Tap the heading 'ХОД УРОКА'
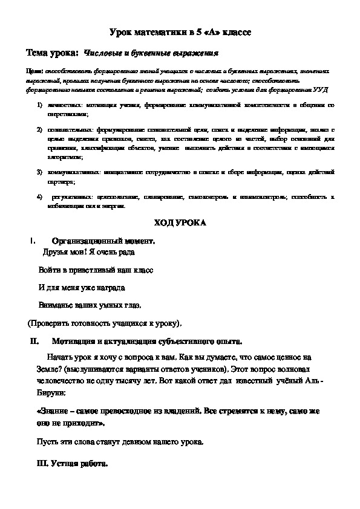click(180, 222)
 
